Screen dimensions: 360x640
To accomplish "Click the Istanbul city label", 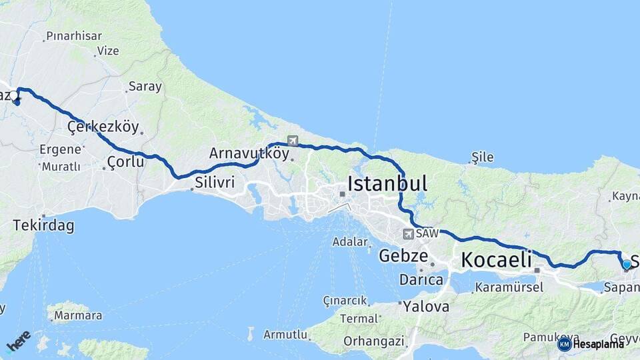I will point(387,183).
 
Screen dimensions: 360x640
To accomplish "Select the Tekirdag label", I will point(43,226).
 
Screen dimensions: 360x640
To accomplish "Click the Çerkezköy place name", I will point(103,127).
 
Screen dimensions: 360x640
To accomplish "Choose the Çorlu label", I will point(125,161).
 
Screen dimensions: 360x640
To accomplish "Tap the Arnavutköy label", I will point(249,153).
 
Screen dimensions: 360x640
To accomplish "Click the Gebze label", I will point(403,255).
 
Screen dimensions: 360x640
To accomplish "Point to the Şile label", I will point(482,157).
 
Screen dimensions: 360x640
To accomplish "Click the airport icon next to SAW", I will point(407,234).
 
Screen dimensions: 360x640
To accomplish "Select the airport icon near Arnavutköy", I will point(293,140).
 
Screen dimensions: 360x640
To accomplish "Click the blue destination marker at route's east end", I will point(627,265).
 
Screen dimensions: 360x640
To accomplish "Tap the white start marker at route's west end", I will point(13,95).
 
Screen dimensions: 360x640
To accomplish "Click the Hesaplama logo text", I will point(598,344).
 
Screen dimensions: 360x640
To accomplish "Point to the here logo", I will point(19,341).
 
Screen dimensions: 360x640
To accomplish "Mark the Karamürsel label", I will point(509,288).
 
